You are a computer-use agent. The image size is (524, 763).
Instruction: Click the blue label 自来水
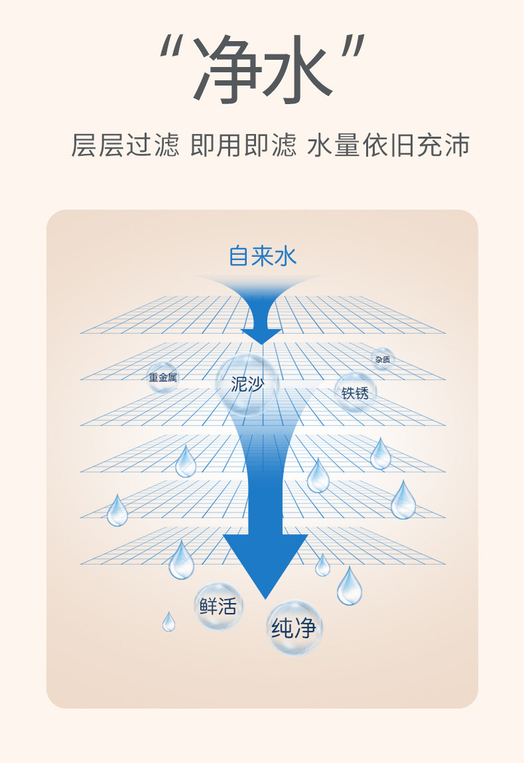(262, 255)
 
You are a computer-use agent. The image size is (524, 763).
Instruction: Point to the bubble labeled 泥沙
(247, 384)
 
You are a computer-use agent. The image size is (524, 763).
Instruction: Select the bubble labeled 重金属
(163, 378)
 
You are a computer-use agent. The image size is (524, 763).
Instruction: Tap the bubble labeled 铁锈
(355, 392)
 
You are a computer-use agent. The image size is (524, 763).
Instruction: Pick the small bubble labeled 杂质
(382, 359)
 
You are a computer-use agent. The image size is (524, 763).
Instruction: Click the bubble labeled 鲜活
(218, 606)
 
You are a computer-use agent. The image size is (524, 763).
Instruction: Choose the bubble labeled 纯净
(294, 628)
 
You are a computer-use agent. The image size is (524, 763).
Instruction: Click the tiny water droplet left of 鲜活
(169, 622)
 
